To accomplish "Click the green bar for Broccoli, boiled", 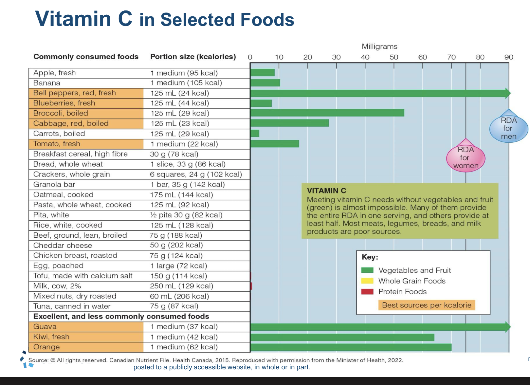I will click(327, 113).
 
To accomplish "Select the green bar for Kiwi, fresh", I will click(342, 337).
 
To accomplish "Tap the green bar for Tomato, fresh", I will click(275, 144).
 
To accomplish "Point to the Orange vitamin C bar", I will click(351, 347).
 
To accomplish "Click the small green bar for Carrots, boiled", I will click(255, 134).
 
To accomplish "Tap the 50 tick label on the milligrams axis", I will click(394, 57).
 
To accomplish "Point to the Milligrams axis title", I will click(379, 46).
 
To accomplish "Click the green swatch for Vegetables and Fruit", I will click(367, 270).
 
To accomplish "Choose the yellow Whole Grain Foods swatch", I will click(367, 281).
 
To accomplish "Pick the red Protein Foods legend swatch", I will click(367, 291).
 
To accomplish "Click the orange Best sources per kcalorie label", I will click(427, 305).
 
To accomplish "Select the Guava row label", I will click(45, 327).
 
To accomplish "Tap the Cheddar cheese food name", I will click(63, 246).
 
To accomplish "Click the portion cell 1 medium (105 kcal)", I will click(186, 83).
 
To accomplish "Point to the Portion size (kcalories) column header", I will click(193, 57).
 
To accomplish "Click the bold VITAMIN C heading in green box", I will click(326, 191).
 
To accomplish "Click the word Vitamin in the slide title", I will click(73, 19).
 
